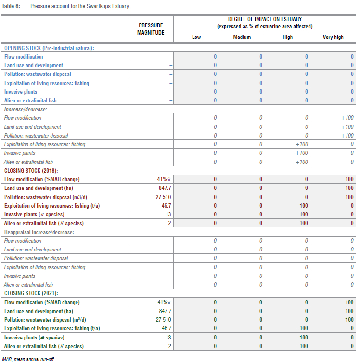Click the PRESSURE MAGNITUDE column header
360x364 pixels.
pos(151,29)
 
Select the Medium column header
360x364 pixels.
pos(242,37)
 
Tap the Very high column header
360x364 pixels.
pos(333,37)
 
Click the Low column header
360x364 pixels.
pos(196,37)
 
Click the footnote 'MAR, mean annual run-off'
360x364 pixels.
pos(28,359)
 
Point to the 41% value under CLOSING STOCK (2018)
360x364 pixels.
pos(162,179)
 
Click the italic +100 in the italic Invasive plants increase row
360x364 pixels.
pos(301,153)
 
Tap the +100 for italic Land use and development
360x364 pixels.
pos(347,127)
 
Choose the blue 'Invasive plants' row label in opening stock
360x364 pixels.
pos(21,92)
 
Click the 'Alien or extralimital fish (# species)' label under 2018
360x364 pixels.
pos(44,223)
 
